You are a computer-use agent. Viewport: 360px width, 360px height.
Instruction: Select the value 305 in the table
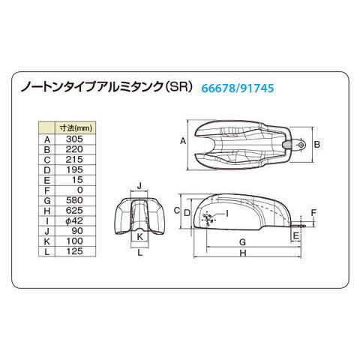coord(73,138)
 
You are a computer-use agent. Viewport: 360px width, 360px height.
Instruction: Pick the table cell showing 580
coord(73,201)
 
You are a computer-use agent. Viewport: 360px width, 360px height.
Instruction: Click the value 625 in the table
coord(73,211)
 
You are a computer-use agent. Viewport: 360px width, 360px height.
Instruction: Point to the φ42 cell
coord(73,222)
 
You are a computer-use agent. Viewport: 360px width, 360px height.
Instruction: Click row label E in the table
coord(47,180)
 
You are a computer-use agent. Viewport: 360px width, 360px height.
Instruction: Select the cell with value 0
coord(73,190)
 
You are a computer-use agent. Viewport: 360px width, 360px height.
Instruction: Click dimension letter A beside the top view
coord(184,141)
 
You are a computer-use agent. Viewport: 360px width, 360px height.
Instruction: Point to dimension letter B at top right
coord(317,143)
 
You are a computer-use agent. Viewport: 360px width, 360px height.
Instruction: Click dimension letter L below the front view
coord(139,253)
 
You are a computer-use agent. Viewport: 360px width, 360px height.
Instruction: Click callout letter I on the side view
coord(227,214)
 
